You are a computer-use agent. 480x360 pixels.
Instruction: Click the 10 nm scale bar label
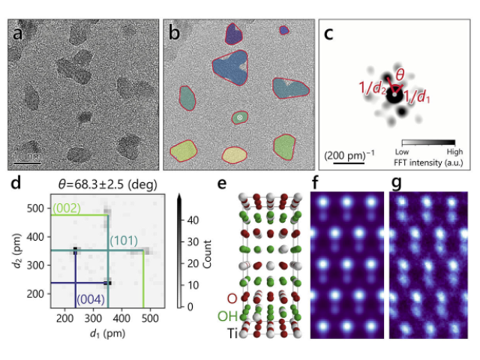27,156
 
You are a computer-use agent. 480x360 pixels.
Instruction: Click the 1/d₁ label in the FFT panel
417,96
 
